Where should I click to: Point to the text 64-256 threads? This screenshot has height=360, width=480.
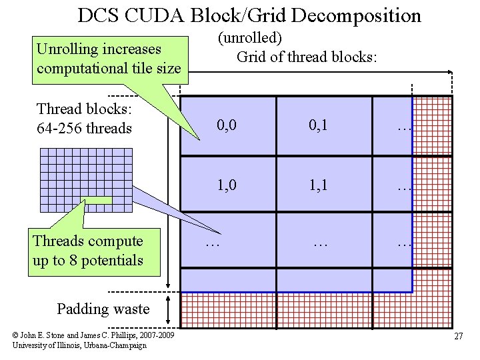pos(85,128)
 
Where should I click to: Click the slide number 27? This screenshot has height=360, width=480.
pos(458,336)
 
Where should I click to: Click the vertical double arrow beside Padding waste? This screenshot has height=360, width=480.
pos(172,310)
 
